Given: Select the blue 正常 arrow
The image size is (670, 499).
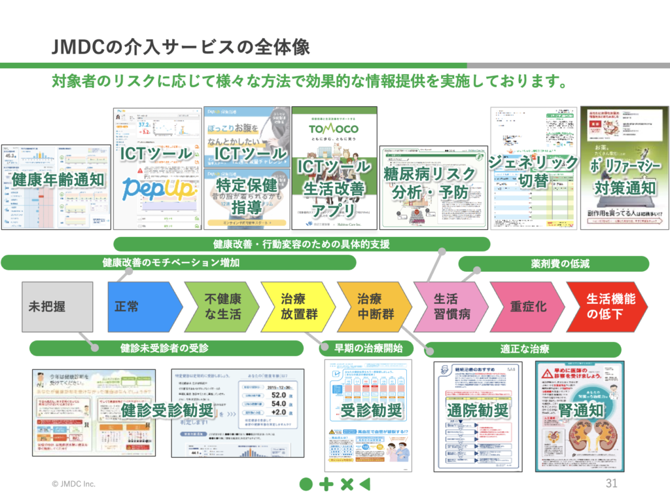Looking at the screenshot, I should pyautogui.click(x=141, y=306).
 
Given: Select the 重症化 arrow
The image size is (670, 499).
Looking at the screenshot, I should pyautogui.click(x=527, y=306).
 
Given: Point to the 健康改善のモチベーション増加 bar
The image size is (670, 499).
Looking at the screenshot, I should pyautogui.click(x=178, y=263).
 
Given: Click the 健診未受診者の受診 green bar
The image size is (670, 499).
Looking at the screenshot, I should pyautogui.click(x=166, y=348).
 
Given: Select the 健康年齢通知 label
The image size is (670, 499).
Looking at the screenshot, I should pyautogui.click(x=55, y=179).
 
